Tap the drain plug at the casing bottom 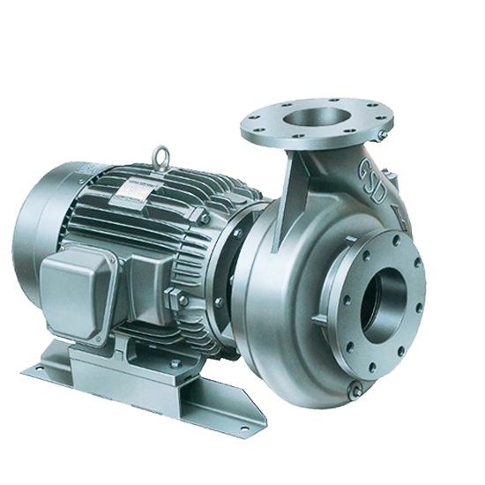(x=355, y=389)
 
